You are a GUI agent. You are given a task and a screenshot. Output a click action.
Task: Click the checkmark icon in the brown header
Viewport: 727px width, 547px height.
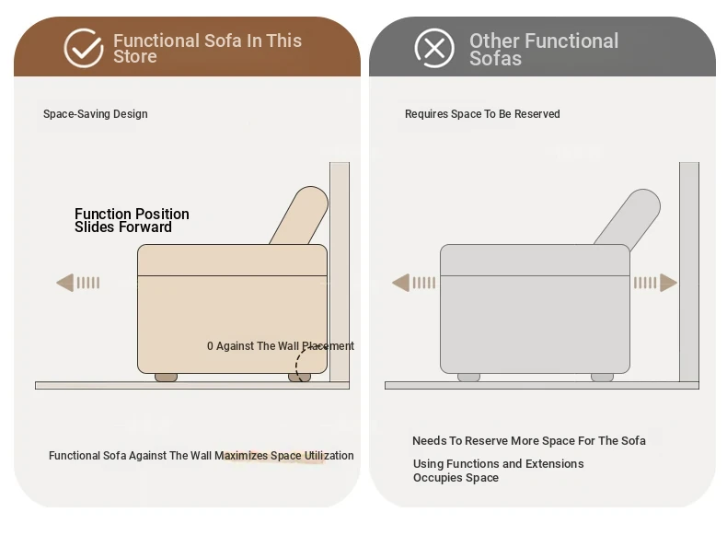(84, 48)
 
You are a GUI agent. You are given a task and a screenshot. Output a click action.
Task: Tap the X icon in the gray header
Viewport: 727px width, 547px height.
(434, 48)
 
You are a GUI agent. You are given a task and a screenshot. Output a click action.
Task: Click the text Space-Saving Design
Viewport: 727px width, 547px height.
(96, 114)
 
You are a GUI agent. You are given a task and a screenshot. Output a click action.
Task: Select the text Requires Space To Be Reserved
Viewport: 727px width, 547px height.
(482, 114)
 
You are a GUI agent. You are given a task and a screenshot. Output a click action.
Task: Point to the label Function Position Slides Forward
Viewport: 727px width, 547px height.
(132, 220)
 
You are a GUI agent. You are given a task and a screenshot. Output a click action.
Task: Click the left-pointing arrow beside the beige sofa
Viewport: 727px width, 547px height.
(78, 283)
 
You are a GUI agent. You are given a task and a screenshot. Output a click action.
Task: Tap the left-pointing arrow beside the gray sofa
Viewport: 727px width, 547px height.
(413, 283)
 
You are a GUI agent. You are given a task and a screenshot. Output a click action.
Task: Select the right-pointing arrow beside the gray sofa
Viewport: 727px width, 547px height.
(655, 283)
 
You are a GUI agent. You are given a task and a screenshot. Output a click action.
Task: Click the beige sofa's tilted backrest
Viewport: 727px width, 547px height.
(300, 215)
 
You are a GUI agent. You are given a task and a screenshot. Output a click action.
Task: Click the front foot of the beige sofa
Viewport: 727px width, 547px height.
(166, 378)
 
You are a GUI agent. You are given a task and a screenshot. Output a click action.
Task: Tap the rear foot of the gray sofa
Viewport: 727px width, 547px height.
(602, 378)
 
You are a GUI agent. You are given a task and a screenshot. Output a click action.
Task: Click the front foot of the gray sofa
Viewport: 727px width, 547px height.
(468, 378)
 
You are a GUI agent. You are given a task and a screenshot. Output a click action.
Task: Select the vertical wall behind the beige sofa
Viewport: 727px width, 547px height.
(340, 272)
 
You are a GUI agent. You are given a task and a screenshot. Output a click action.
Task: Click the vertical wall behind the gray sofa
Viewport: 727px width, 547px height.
(689, 272)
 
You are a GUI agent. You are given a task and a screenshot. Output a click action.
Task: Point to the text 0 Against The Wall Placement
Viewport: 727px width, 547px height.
(281, 346)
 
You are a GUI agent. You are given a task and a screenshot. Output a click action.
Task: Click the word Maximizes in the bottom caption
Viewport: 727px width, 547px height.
(241, 456)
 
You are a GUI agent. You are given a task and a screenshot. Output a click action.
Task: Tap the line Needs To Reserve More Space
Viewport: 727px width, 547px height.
(528, 441)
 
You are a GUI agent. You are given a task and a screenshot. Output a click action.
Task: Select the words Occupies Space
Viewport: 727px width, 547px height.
(456, 478)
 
